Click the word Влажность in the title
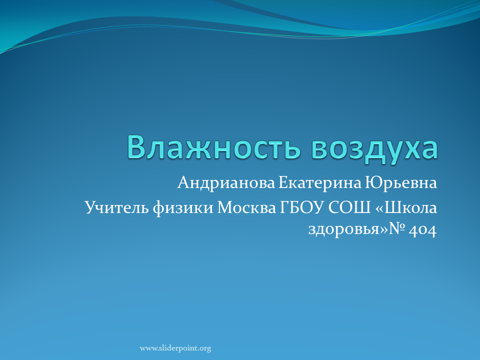click(214, 147)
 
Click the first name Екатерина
click(320, 183)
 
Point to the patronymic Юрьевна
click(400, 183)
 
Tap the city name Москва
click(246, 207)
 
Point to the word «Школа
click(406, 207)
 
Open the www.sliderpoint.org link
click(175, 348)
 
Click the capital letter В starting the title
click(136, 147)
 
